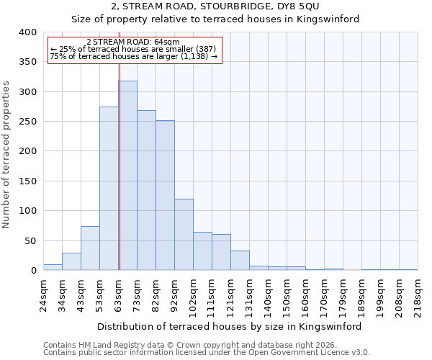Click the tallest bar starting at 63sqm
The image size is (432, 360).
[x=128, y=176]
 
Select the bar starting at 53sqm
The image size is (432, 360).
[x=109, y=189]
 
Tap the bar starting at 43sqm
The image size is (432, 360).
[x=90, y=248]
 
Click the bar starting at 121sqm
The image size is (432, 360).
[x=240, y=261]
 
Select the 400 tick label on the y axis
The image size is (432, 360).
[x=27, y=32]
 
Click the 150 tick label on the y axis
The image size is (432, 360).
[x=27, y=181]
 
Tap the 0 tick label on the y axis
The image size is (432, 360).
[x=33, y=271]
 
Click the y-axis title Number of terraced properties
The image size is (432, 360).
[x=6, y=154]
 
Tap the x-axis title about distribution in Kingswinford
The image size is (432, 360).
[x=230, y=326]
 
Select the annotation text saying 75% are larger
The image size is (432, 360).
[x=134, y=56]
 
